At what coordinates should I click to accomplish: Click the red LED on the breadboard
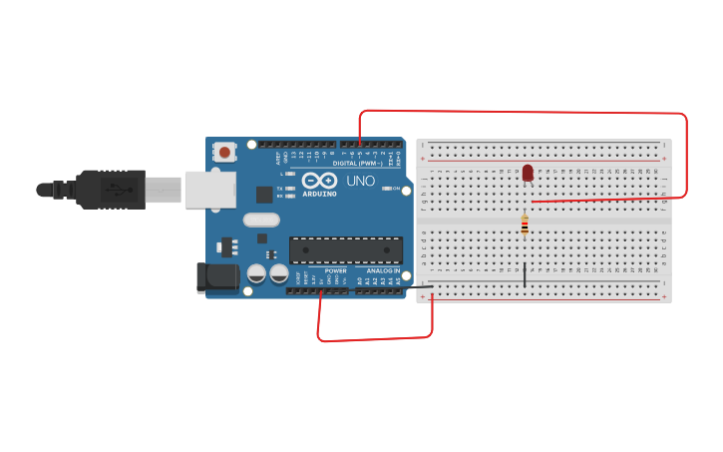[x=528, y=173]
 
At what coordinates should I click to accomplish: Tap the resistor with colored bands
[x=525, y=226]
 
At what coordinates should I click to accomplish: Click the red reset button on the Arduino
[x=225, y=153]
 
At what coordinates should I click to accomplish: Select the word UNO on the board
[x=360, y=181]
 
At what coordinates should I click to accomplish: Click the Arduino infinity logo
[x=320, y=180]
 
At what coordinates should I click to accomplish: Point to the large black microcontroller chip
[x=346, y=250]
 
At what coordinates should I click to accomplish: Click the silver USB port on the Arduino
[x=209, y=190]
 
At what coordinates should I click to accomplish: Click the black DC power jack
[x=218, y=277]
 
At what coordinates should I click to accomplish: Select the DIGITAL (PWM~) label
[x=357, y=163]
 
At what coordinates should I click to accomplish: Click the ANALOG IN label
[x=383, y=270]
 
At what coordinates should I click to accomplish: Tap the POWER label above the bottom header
[x=335, y=270]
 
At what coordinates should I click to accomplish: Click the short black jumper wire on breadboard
[x=525, y=273]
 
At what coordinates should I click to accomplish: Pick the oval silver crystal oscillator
[x=261, y=220]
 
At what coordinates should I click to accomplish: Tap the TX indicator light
[x=290, y=188]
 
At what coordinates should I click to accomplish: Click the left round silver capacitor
[x=256, y=272]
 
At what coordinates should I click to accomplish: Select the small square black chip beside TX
[x=264, y=195]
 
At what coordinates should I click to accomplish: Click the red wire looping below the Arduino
[x=374, y=338]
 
